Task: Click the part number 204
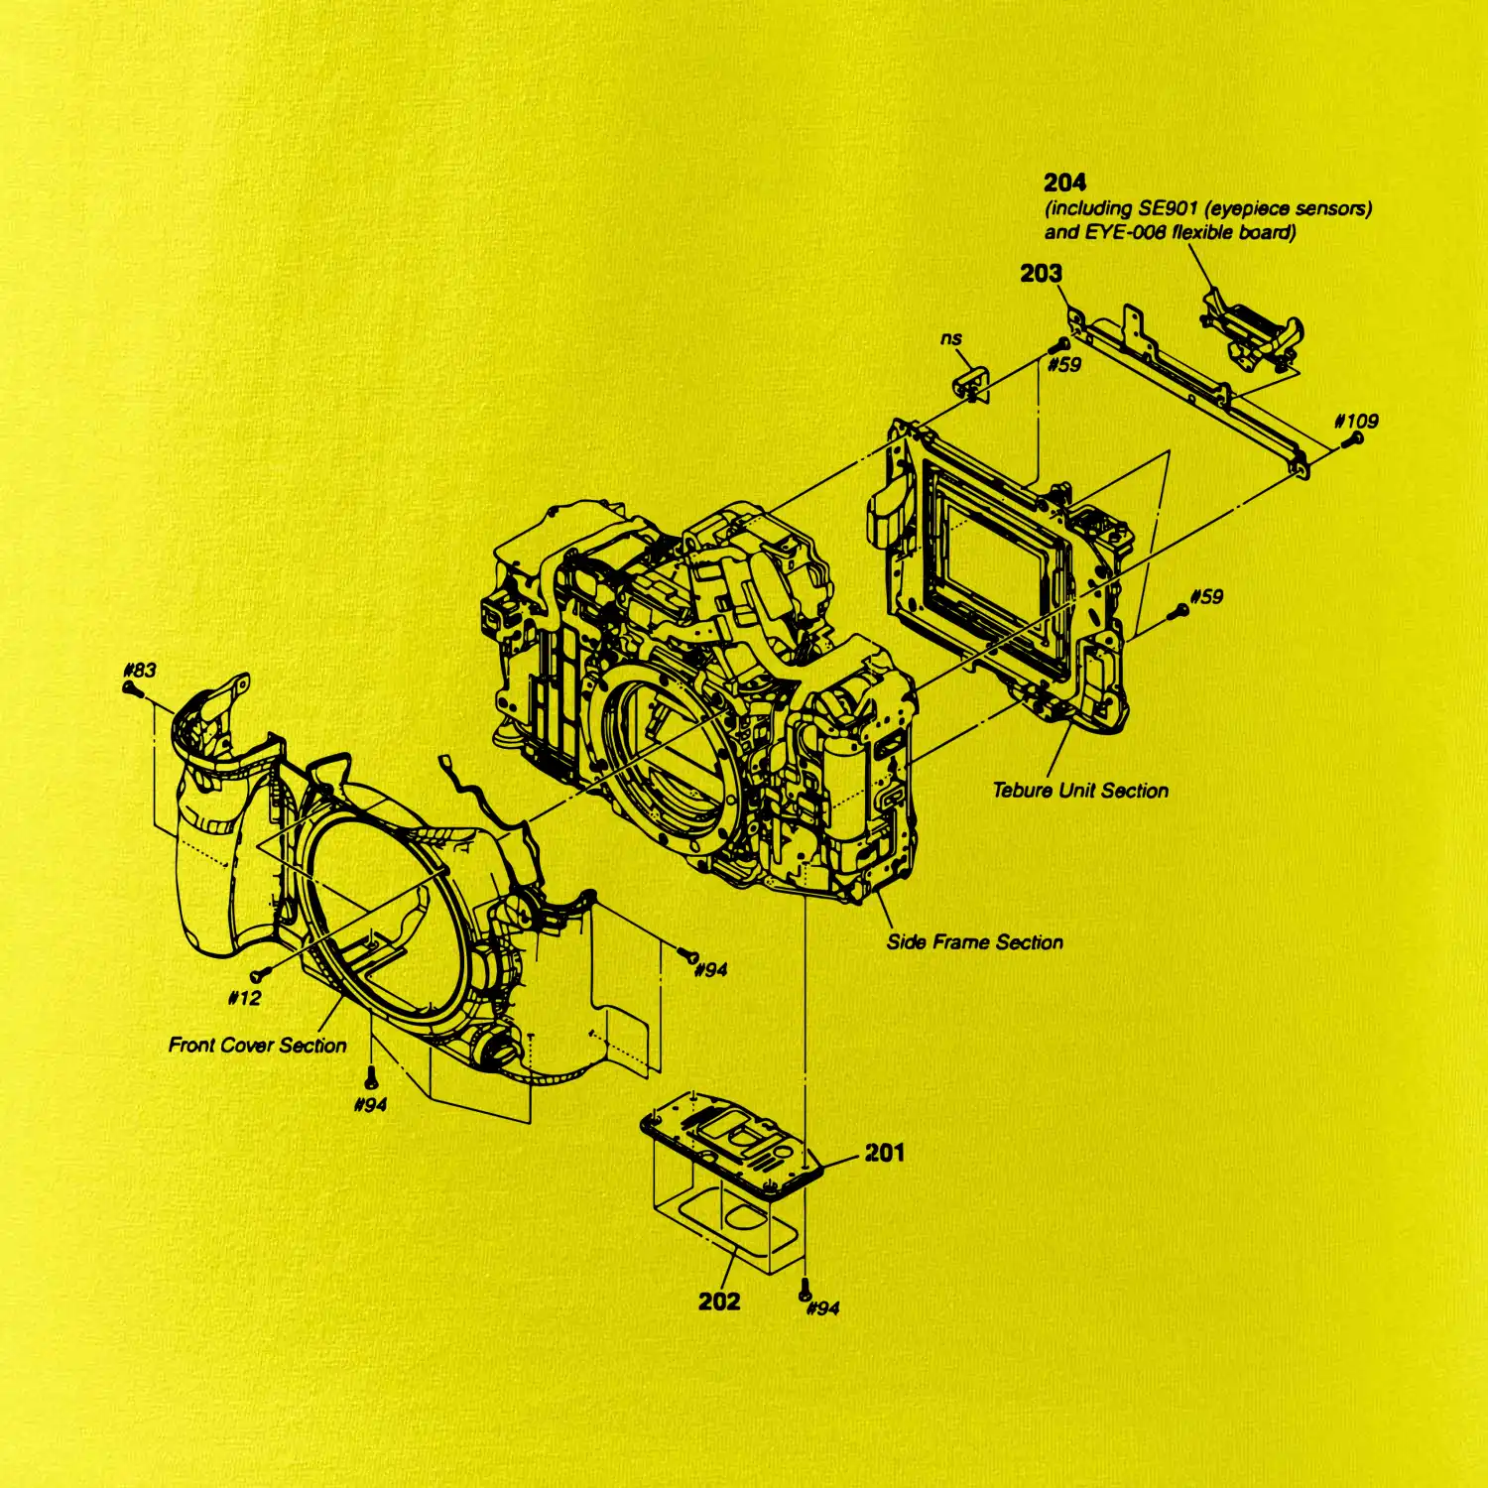pyautogui.click(x=1064, y=183)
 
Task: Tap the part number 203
pyautogui.click(x=1041, y=273)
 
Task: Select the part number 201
pyautogui.click(x=884, y=1153)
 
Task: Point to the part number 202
pyautogui.click(x=719, y=1302)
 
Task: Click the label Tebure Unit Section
pyautogui.click(x=1080, y=791)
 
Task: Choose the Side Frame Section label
pyautogui.click(x=975, y=942)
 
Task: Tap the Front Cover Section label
pyautogui.click(x=258, y=1046)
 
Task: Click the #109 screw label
pyautogui.click(x=1356, y=421)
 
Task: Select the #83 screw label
pyautogui.click(x=140, y=670)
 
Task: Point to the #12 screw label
pyautogui.click(x=244, y=998)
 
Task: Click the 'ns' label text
pyautogui.click(x=951, y=338)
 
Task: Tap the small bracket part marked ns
pyautogui.click(x=972, y=384)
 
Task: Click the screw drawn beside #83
pyautogui.click(x=130, y=687)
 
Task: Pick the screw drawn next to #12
pyautogui.click(x=260, y=975)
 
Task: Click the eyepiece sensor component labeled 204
pyautogui.click(x=1251, y=329)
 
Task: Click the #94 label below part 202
pyautogui.click(x=823, y=1308)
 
